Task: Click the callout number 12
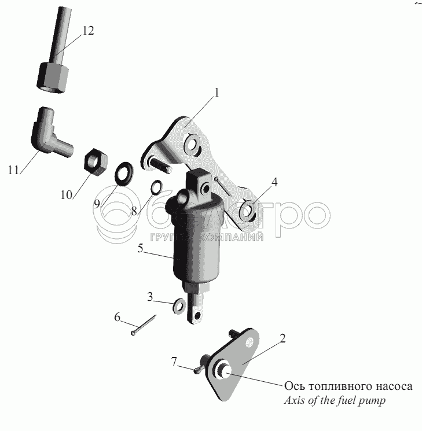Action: click(87, 31)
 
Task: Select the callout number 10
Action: click(67, 195)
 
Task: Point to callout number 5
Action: click(141, 249)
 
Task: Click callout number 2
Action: click(282, 339)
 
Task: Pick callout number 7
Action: click(173, 363)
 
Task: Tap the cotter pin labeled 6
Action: click(145, 325)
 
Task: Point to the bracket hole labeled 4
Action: click(247, 211)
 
